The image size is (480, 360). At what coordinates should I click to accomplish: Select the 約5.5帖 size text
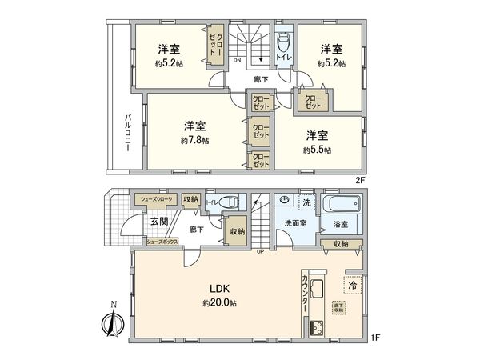point(318,150)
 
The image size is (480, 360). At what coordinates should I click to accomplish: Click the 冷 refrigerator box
point(353,283)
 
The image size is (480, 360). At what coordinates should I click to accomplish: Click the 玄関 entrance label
point(158,221)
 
